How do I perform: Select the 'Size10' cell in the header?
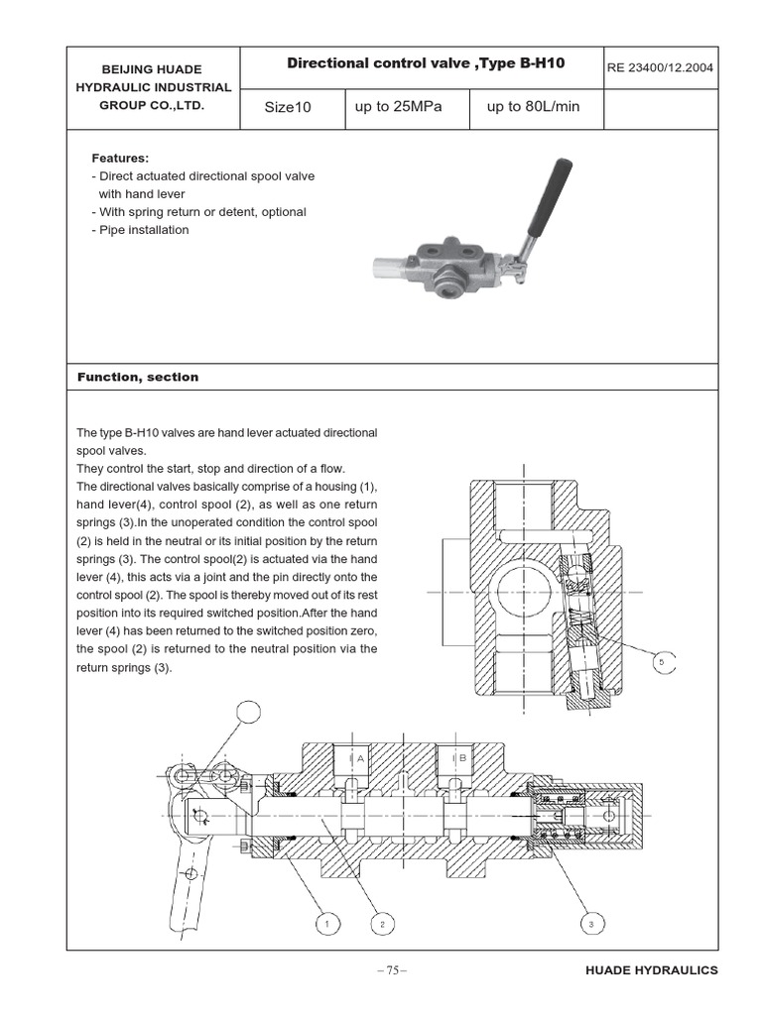pos(288,107)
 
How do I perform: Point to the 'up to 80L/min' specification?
pos(533,106)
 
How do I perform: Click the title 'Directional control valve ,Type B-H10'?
pos(426,63)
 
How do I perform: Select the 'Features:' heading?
pos(120,158)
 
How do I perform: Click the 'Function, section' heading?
pos(138,377)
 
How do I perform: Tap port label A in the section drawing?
pos(361,757)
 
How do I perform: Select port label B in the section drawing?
pos(462,757)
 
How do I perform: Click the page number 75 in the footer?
pos(392,970)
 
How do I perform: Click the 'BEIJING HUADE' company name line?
pos(153,69)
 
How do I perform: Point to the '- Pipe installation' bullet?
pos(140,230)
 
